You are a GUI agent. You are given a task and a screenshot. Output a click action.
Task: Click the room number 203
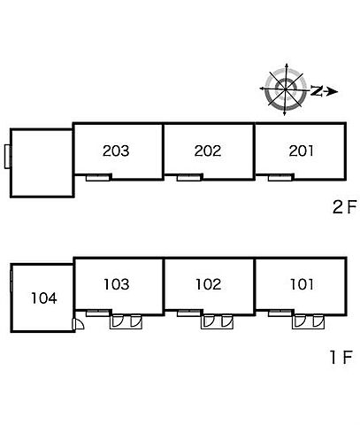click(x=116, y=151)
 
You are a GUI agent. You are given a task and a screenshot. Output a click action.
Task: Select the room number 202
click(x=208, y=151)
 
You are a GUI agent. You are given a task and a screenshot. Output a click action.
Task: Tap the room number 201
click(x=301, y=151)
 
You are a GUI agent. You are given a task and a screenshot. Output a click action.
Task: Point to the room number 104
click(x=44, y=298)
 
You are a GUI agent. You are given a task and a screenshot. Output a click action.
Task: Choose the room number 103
click(x=117, y=284)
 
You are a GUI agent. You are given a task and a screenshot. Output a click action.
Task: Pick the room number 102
click(x=209, y=284)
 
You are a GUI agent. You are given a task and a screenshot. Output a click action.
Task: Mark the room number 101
click(x=302, y=284)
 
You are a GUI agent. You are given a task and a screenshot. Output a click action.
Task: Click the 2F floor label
click(x=345, y=206)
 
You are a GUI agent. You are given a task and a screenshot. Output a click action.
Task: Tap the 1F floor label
click(x=341, y=357)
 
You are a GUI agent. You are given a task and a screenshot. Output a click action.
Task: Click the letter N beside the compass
click(x=317, y=90)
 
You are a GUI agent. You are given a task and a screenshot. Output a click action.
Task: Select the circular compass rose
click(x=286, y=89)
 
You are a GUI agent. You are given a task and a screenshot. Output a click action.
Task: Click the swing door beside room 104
click(x=78, y=324)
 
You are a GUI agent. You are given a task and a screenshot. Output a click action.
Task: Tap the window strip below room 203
click(x=97, y=178)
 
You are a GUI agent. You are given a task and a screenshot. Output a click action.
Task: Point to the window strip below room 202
click(x=188, y=178)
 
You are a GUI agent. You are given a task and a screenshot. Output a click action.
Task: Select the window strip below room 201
click(x=280, y=178)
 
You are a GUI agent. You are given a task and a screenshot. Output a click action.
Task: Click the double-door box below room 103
click(x=126, y=321)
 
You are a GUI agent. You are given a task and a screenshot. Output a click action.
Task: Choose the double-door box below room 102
click(x=217, y=321)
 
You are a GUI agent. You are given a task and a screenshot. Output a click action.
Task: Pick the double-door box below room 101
click(x=308, y=321)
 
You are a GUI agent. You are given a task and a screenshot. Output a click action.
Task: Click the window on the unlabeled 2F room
click(x=8, y=157)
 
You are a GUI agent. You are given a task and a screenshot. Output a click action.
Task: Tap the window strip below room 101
click(x=280, y=313)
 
